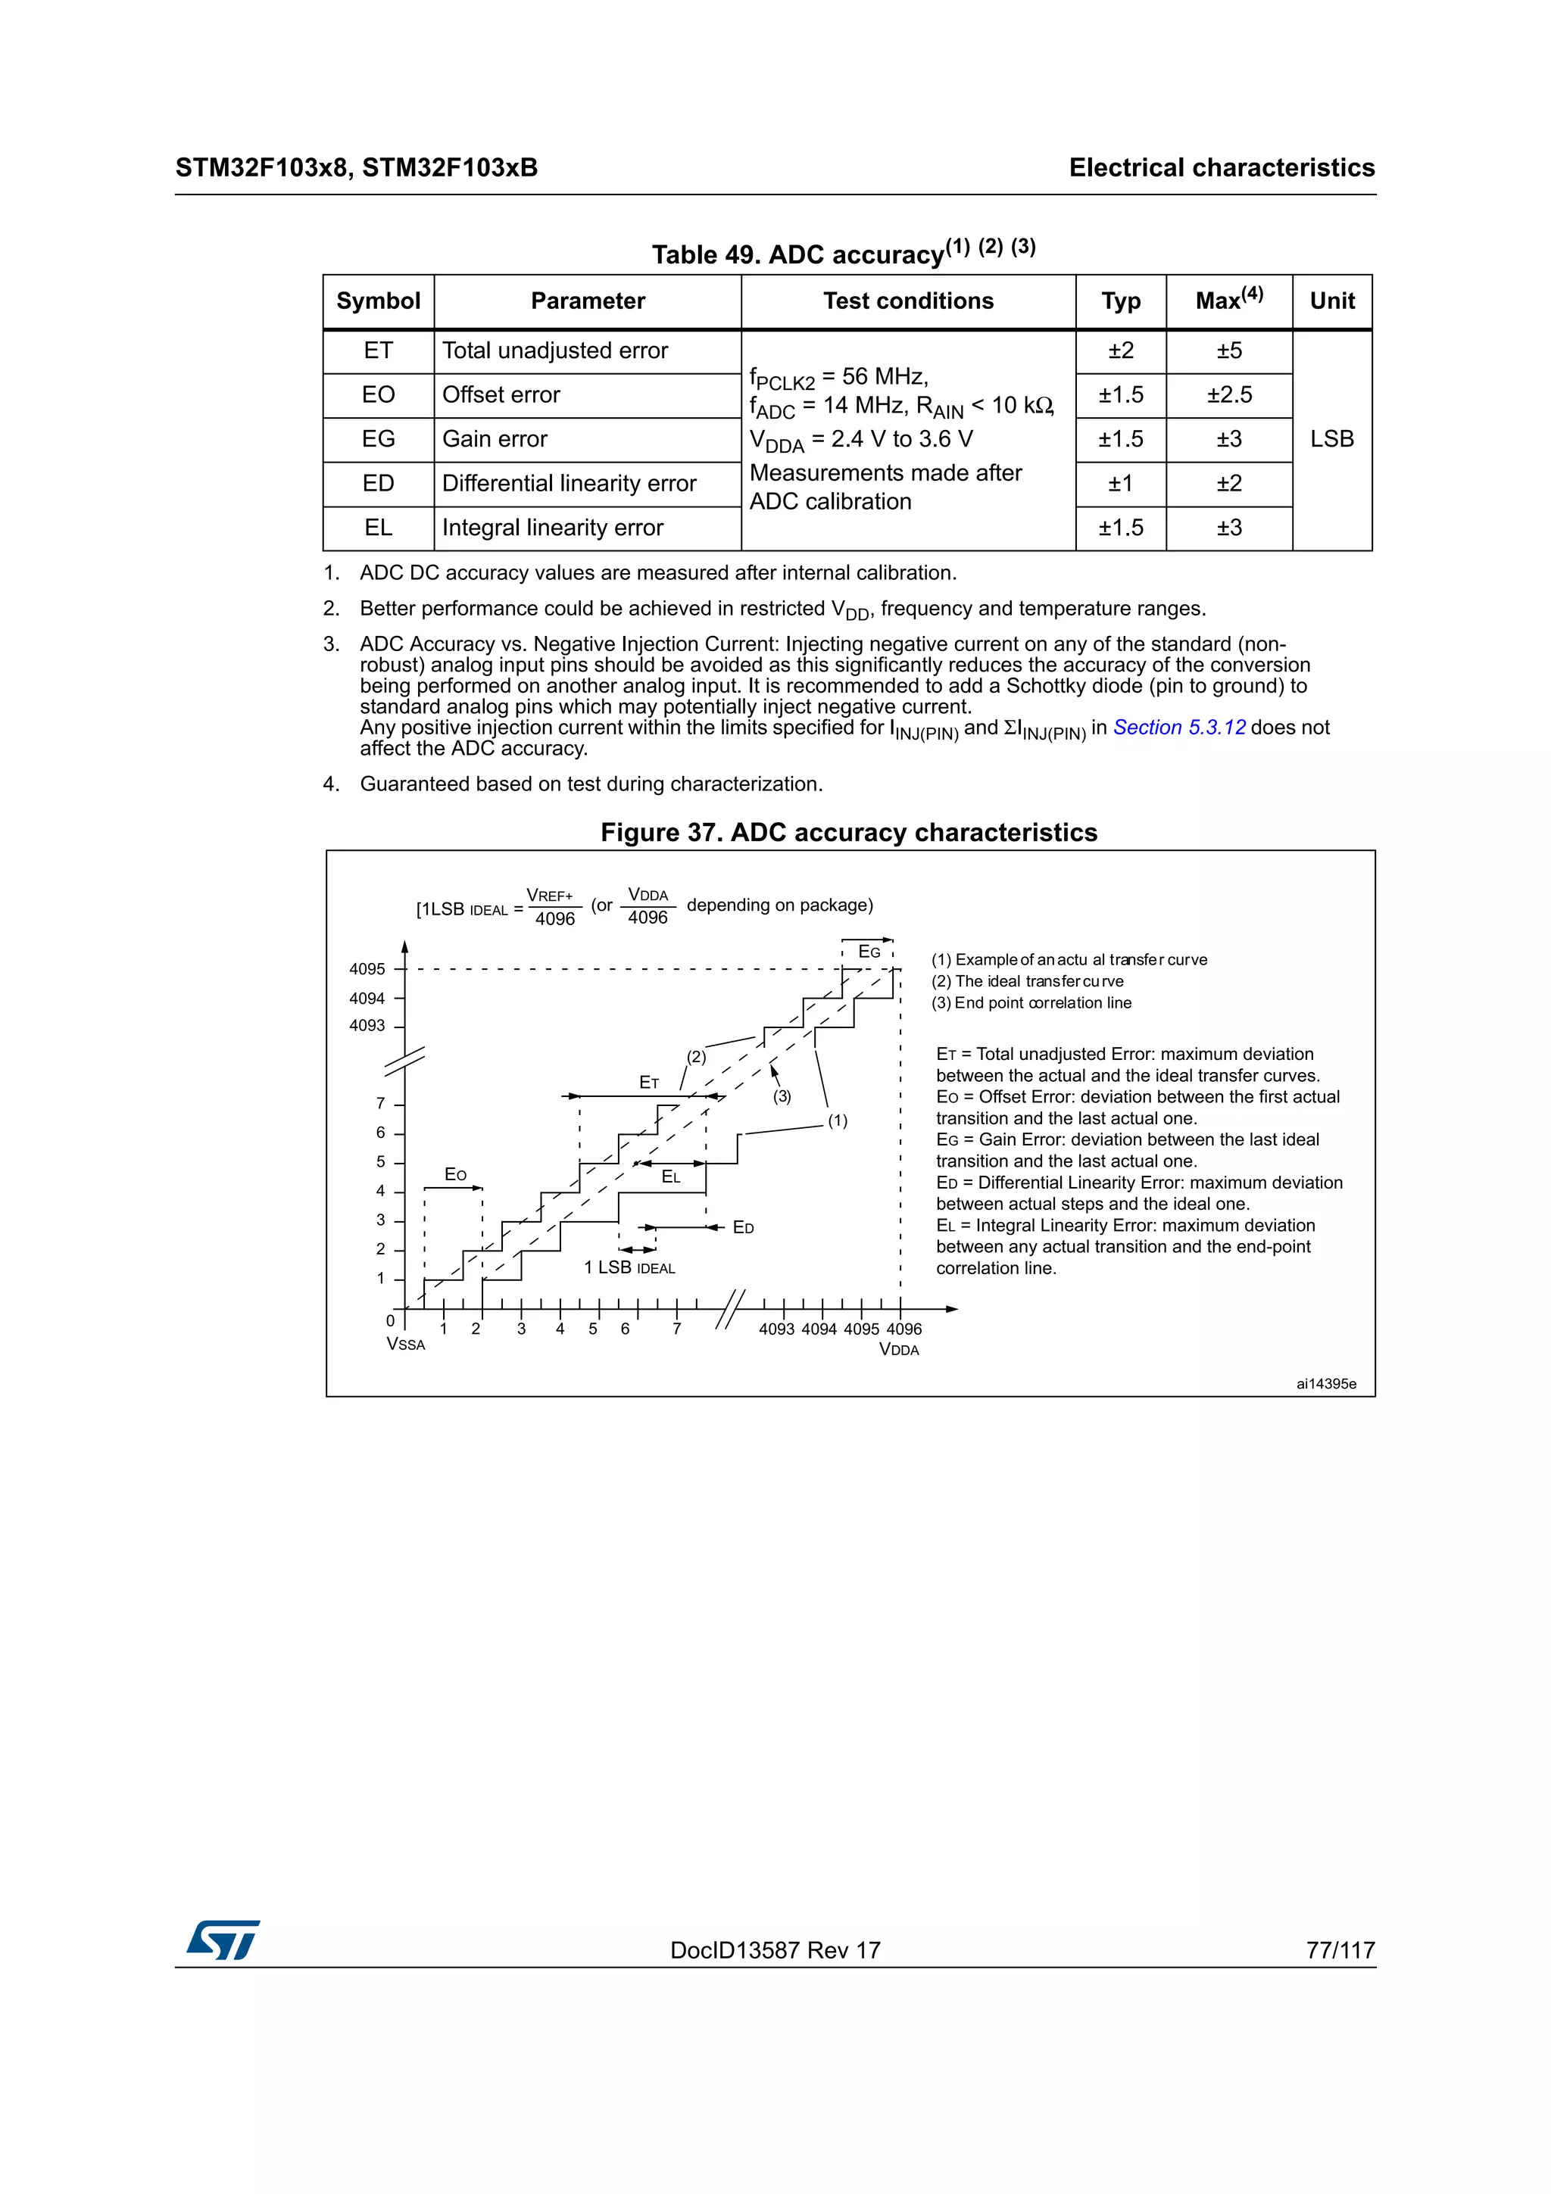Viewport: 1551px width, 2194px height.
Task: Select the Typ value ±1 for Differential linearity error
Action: click(x=1120, y=484)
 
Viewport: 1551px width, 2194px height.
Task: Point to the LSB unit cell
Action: click(x=1331, y=438)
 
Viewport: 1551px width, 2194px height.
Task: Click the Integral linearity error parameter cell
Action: click(x=552, y=528)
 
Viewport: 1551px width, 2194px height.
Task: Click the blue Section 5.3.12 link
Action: click(x=1179, y=728)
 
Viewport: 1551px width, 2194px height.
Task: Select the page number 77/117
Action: click(x=1340, y=1950)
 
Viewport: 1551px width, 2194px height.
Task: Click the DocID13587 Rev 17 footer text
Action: click(x=775, y=1950)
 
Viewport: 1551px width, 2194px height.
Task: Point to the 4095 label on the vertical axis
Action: click(x=367, y=969)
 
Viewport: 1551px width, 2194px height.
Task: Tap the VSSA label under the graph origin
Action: click(x=405, y=1345)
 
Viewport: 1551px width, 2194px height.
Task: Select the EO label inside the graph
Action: click(x=455, y=1174)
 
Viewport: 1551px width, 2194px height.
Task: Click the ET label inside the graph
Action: click(x=649, y=1082)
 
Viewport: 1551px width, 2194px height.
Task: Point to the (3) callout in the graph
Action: click(x=782, y=1097)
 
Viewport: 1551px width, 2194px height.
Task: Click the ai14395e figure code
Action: click(x=1325, y=1384)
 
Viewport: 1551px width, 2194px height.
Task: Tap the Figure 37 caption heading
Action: click(x=849, y=832)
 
